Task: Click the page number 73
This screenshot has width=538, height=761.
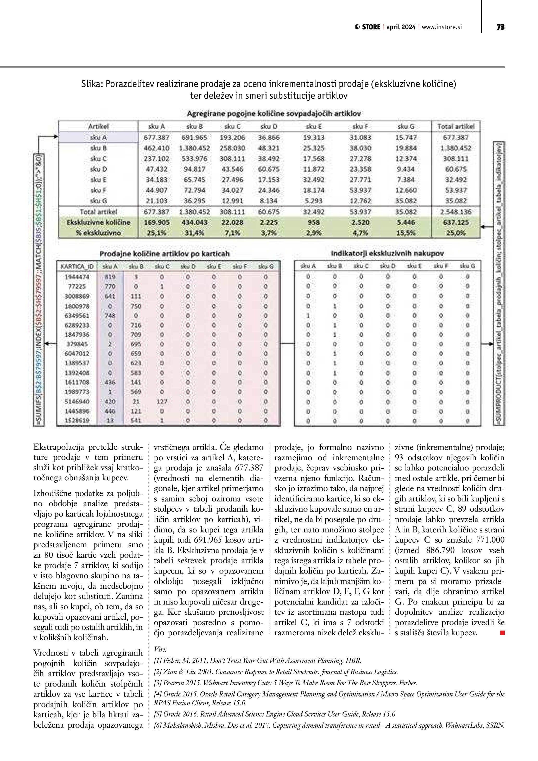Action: [500, 27]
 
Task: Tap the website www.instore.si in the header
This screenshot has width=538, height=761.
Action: [442, 27]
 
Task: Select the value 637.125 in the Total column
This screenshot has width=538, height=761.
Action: [456, 222]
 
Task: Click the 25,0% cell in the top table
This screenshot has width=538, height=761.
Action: [456, 233]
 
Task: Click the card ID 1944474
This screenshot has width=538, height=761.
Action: [77, 276]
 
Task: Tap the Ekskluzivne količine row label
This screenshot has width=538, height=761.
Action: [98, 222]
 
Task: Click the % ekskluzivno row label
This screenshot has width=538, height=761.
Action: [98, 233]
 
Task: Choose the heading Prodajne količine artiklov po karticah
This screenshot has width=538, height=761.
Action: [165, 254]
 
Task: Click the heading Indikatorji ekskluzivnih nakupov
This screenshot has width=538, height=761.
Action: [388, 253]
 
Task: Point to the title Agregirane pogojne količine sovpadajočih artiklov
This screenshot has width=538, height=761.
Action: [274, 114]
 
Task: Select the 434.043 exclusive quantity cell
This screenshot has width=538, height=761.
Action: [194, 222]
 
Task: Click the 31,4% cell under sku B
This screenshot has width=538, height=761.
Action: [194, 233]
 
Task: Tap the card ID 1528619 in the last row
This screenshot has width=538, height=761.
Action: [77, 420]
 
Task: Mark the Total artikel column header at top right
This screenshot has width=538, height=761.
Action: [456, 127]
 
